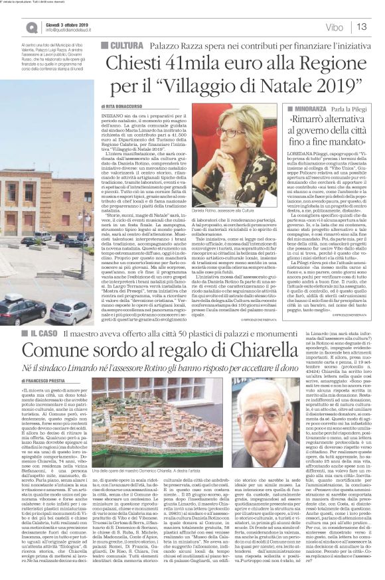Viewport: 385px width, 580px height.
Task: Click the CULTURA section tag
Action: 122,43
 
